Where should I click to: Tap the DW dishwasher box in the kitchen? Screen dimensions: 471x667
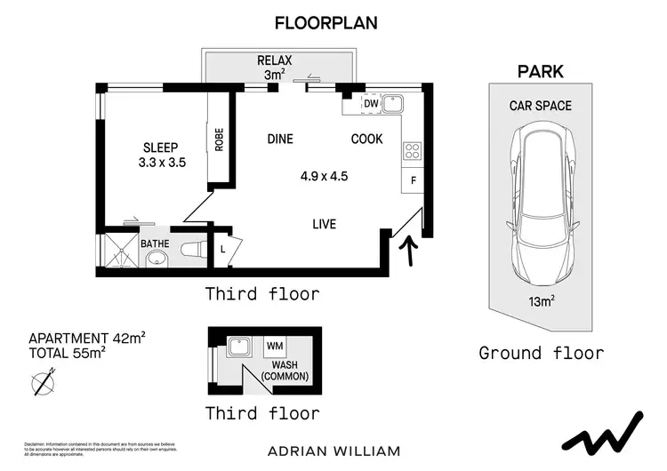[371, 104]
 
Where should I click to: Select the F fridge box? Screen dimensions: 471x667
[413, 180]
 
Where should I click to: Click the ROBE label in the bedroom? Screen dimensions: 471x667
[219, 141]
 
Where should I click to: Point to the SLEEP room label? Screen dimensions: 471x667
[161, 148]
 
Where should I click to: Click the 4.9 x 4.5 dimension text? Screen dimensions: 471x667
[324, 176]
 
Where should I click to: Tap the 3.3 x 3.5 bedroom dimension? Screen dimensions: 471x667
[161, 164]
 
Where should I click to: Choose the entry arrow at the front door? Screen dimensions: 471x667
[410, 251]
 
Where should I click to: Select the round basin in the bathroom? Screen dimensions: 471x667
[157, 259]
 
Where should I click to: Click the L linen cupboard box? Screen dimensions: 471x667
[222, 250]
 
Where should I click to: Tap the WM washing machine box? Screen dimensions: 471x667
[275, 346]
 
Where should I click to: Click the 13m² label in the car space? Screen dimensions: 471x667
[542, 302]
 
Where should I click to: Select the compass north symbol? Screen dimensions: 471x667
[40, 383]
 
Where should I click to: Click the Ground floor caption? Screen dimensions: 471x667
[541, 354]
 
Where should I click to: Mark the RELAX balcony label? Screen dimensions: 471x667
[276, 60]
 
